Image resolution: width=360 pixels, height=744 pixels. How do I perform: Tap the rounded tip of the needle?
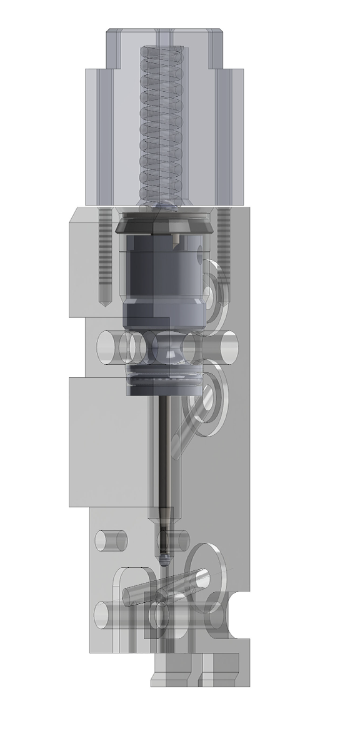coord(164,554)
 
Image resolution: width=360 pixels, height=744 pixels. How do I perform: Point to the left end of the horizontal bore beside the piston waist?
coord(107,347)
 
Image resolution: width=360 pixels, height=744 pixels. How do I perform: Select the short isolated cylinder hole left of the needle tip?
coord(110,540)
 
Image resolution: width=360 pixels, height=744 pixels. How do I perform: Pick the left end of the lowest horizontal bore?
coord(102,615)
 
